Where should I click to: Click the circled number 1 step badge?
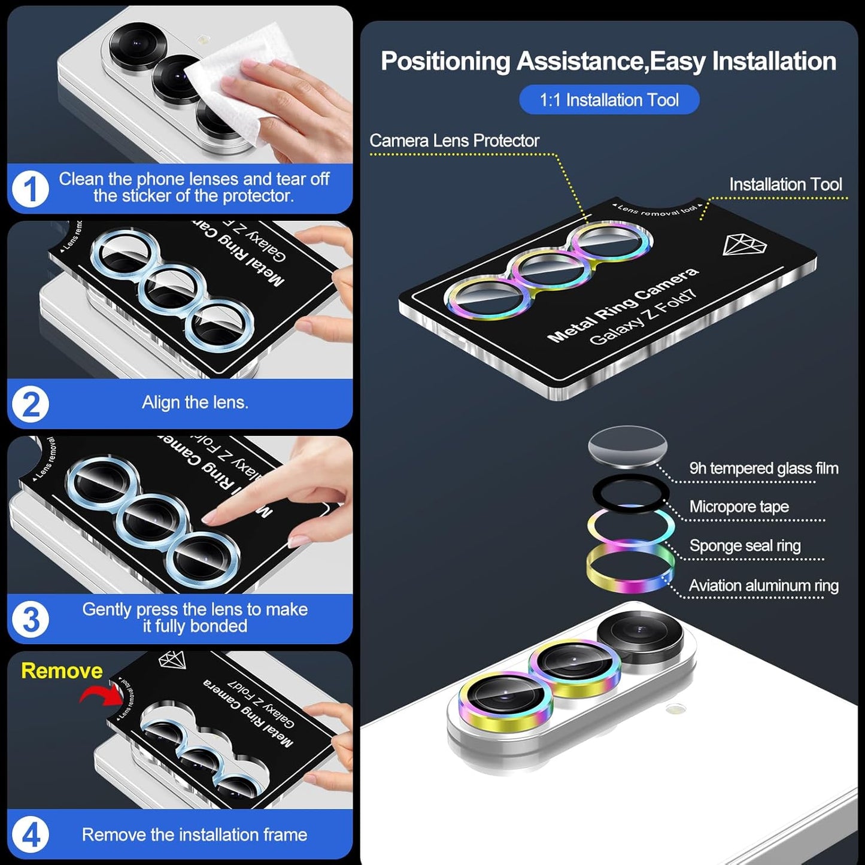[x=30, y=189]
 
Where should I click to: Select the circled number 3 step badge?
[x=31, y=619]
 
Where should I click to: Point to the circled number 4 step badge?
[x=31, y=835]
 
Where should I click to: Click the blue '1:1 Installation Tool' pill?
[x=609, y=100]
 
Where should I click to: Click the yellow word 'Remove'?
[x=62, y=670]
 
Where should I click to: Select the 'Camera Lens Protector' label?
[x=454, y=141]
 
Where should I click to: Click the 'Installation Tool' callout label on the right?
[x=785, y=184]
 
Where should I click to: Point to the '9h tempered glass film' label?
[x=763, y=468]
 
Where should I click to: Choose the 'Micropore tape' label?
[x=739, y=507]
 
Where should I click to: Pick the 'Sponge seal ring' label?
[x=745, y=546]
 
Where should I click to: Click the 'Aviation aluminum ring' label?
[x=763, y=585]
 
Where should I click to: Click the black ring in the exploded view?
[x=630, y=492]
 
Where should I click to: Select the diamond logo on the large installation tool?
[x=744, y=245]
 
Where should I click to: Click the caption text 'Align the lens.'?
[x=195, y=402]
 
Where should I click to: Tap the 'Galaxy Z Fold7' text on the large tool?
[x=644, y=317]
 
